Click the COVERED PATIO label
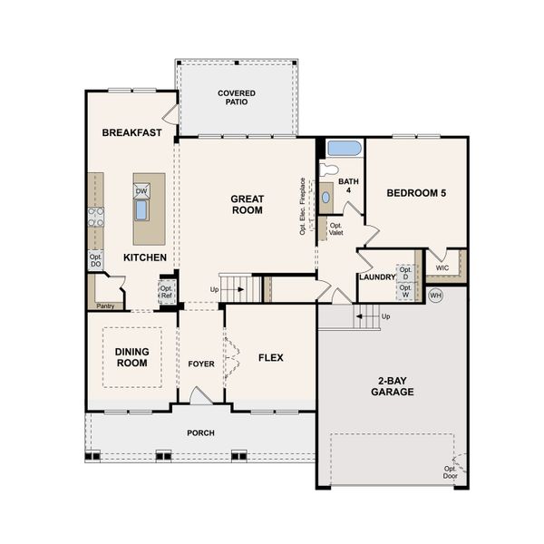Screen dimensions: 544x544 pyautogui.click(x=236, y=97)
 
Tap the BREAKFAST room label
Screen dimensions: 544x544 pyautogui.click(x=131, y=132)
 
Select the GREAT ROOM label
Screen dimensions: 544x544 pyautogui.click(x=246, y=204)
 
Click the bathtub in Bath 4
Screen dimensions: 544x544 pyautogui.click(x=343, y=148)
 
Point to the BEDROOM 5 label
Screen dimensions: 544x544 pyautogui.click(x=415, y=193)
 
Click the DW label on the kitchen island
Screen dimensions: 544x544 pyautogui.click(x=141, y=191)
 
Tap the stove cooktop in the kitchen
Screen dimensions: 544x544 pyautogui.click(x=95, y=216)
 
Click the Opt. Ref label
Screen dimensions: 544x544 pyautogui.click(x=166, y=290)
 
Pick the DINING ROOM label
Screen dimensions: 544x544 pyautogui.click(x=131, y=356)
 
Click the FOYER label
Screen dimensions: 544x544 pyautogui.click(x=200, y=364)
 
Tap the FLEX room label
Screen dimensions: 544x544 pyautogui.click(x=270, y=357)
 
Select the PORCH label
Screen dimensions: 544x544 pyautogui.click(x=200, y=433)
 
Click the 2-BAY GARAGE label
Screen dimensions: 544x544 pyautogui.click(x=392, y=386)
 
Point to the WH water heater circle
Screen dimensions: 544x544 pyautogui.click(x=435, y=296)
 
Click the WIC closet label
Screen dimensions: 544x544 pyautogui.click(x=442, y=268)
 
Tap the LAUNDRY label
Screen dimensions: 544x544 pyautogui.click(x=376, y=277)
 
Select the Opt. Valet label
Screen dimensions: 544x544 pyautogui.click(x=335, y=228)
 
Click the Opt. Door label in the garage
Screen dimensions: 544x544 pyautogui.click(x=450, y=471)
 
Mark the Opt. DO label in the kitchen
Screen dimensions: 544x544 pyautogui.click(x=95, y=260)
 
